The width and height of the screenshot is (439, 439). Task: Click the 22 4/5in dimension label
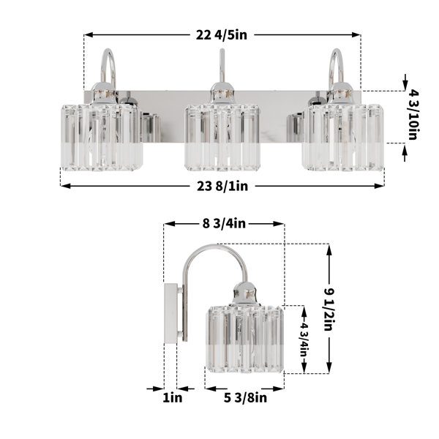222,35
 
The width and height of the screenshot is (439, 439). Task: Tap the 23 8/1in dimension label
222,186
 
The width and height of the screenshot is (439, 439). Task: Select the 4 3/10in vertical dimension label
413,115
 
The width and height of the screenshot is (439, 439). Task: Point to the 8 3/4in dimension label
224,223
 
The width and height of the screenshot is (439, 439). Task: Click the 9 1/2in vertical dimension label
329,309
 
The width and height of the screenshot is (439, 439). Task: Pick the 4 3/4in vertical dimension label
304,339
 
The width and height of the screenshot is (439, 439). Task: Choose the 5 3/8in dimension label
245,397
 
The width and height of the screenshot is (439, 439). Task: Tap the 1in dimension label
173,397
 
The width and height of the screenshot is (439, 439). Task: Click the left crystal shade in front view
102,138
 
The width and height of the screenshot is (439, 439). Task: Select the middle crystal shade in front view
222,138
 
